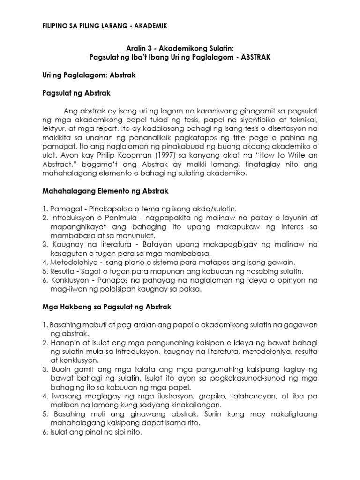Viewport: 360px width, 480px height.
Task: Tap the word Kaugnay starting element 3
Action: click(70, 245)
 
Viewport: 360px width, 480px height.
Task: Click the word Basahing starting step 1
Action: click(64, 325)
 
